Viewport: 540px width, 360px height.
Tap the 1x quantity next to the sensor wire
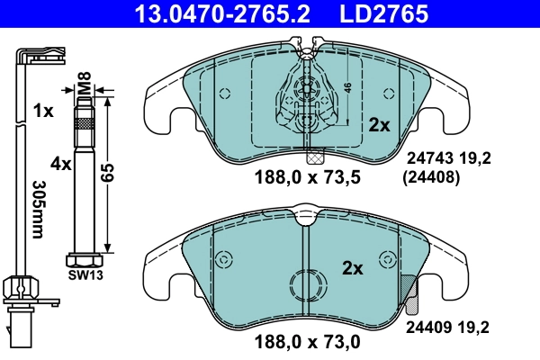(42, 112)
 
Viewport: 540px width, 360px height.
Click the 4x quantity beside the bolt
(60, 164)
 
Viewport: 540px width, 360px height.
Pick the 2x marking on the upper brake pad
(379, 125)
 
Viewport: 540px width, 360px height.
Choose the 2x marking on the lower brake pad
(352, 267)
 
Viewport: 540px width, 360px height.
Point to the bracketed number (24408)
(428, 177)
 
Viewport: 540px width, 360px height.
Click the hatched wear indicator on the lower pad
(408, 289)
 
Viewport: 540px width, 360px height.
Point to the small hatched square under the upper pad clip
(312, 154)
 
